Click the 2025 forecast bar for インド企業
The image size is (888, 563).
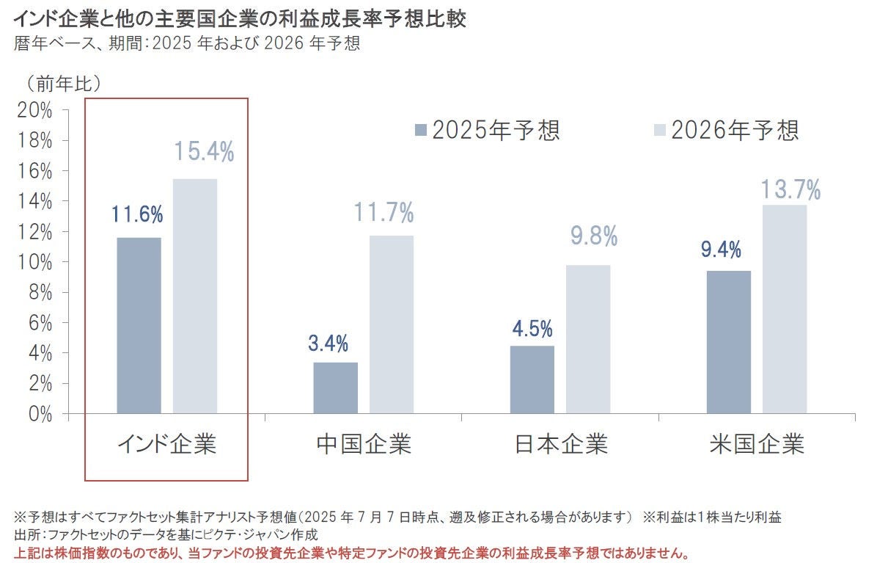(x=139, y=325)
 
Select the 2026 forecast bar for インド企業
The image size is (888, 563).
(x=195, y=296)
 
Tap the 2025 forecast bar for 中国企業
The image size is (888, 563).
(x=335, y=388)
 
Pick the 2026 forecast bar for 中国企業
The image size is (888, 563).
(x=392, y=324)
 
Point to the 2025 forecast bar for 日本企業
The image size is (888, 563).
(x=532, y=379)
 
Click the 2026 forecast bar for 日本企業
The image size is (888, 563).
(x=588, y=339)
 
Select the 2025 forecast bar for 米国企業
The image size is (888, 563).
(x=729, y=342)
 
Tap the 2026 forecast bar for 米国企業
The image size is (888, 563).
(x=785, y=309)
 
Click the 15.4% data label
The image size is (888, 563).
(x=204, y=152)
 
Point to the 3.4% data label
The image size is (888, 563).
(x=328, y=344)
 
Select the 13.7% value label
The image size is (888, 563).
(x=790, y=190)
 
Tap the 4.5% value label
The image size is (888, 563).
(x=532, y=328)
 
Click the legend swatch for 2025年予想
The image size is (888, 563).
(x=420, y=131)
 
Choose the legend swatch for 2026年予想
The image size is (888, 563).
(x=659, y=131)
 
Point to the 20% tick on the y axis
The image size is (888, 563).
(x=35, y=110)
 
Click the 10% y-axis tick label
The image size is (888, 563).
(x=35, y=262)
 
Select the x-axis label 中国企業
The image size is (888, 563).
(x=364, y=444)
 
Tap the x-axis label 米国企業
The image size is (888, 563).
(x=757, y=444)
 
